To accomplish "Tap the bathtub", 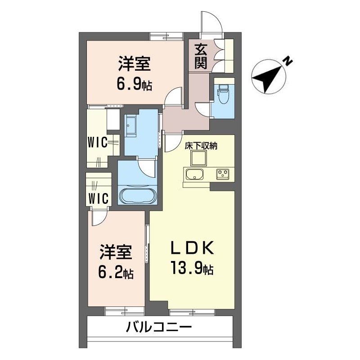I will click(x=137, y=196).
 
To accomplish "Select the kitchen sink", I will click(x=194, y=174).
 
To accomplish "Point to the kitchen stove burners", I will click(x=223, y=174).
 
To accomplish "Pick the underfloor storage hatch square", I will click(x=198, y=158).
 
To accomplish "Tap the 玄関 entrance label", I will click(x=201, y=56).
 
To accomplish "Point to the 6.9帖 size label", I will click(x=134, y=83).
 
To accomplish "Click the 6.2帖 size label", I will click(x=115, y=272).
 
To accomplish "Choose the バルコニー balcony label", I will click(x=159, y=327).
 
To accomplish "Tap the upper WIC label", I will click(x=97, y=143).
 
